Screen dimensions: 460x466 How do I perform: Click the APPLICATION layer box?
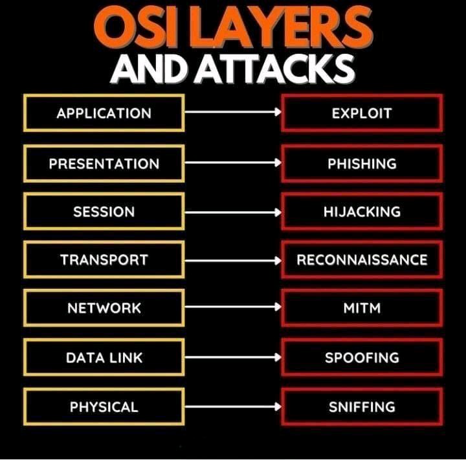pyautogui.click(x=104, y=113)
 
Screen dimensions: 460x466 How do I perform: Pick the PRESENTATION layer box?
pyautogui.click(x=104, y=163)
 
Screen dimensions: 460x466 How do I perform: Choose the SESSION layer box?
pyautogui.click(x=104, y=212)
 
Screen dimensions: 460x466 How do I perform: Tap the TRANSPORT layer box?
pyautogui.click(x=104, y=260)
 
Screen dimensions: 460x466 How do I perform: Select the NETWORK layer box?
pyautogui.click(x=104, y=308)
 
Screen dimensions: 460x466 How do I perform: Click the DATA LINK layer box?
pyautogui.click(x=104, y=357)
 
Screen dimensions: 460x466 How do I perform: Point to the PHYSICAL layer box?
pyautogui.click(x=104, y=407)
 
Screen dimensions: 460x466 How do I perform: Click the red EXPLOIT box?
pyautogui.click(x=362, y=113)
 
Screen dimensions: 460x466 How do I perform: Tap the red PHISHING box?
pyautogui.click(x=362, y=163)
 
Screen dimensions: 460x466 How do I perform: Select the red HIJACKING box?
pyautogui.click(x=362, y=212)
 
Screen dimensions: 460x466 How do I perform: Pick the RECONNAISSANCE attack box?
pyautogui.click(x=362, y=260)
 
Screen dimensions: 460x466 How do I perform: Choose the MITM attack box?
pyautogui.click(x=362, y=308)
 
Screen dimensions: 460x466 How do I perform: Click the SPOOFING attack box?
pyautogui.click(x=362, y=357)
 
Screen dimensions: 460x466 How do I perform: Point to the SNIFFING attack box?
pyautogui.click(x=362, y=407)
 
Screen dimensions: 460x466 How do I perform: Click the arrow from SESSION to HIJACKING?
pyautogui.click(x=233, y=212)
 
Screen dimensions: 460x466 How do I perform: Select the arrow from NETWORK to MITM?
pyautogui.click(x=233, y=308)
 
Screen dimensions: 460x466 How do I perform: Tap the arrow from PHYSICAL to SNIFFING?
pyautogui.click(x=233, y=407)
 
